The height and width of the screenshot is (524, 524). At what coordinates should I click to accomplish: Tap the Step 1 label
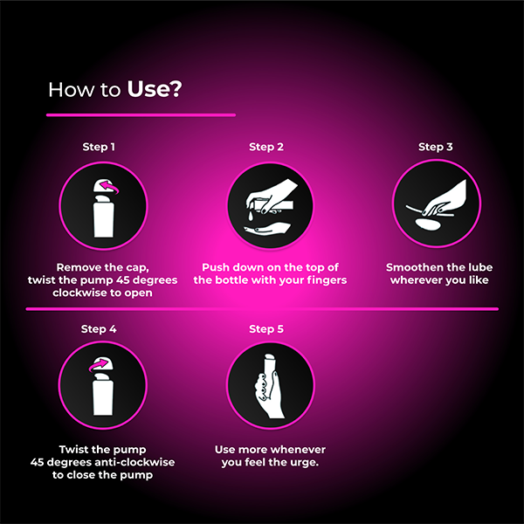click(99, 147)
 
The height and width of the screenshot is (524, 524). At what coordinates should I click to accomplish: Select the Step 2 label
click(266, 147)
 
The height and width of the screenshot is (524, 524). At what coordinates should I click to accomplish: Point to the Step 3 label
click(435, 147)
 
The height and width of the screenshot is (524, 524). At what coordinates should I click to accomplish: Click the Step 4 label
click(99, 329)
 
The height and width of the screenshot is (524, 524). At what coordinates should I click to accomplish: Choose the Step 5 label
click(266, 329)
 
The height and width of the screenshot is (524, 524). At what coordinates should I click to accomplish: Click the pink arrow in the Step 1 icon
click(107, 185)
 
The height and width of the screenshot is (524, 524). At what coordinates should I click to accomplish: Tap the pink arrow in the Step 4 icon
click(104, 364)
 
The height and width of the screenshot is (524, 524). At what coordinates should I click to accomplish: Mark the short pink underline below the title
click(141, 114)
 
